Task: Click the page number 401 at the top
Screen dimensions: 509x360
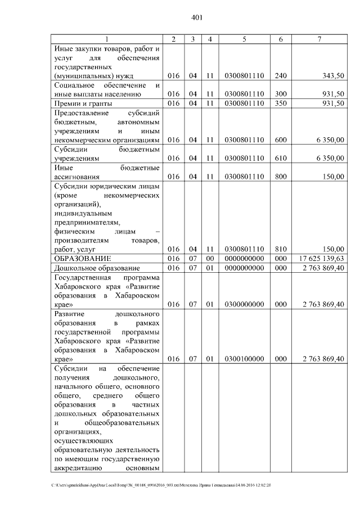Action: pos(196,17)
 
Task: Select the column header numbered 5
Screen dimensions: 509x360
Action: pos(244,38)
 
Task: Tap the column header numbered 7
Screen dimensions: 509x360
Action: pos(319,38)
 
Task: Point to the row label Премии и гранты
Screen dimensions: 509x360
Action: pos(83,103)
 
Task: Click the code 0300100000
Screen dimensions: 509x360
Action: pos(244,359)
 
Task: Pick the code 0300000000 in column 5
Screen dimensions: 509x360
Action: pos(244,305)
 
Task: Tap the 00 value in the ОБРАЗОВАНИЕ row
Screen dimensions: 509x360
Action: pos(209,258)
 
